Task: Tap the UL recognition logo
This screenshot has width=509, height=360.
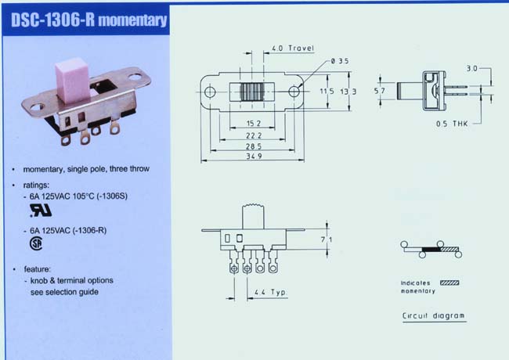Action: (x=41, y=211)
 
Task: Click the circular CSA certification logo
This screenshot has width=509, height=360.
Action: (x=36, y=243)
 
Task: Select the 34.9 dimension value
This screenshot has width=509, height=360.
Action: (x=254, y=157)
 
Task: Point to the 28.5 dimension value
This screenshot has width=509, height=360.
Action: (x=254, y=146)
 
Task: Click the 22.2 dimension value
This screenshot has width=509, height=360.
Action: (x=254, y=135)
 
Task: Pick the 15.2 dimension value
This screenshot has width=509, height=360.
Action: (x=254, y=124)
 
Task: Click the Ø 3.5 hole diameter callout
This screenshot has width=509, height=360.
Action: (x=340, y=61)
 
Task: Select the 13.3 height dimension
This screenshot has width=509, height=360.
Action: (x=348, y=92)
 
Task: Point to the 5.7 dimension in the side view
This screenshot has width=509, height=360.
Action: (x=379, y=91)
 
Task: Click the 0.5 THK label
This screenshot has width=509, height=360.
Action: (x=452, y=124)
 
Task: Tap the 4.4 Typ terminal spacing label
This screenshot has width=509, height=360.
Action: (x=270, y=292)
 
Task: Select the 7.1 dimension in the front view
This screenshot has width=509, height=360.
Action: (x=327, y=239)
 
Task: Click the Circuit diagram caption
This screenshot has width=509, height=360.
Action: (x=433, y=315)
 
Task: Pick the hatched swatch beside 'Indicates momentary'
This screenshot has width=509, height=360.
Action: (x=449, y=283)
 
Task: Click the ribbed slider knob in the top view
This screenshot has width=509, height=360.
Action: (x=252, y=92)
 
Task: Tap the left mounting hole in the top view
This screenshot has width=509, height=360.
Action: (x=210, y=92)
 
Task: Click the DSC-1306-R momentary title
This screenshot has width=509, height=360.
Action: (x=89, y=20)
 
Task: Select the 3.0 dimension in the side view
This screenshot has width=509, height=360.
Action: (x=472, y=68)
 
